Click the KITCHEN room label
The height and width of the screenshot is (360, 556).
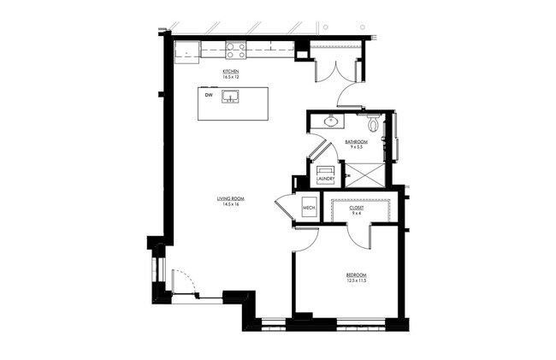pos(230,71)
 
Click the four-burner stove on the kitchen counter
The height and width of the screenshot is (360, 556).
pos(235,50)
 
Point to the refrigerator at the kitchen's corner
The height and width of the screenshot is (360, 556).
pos(186,50)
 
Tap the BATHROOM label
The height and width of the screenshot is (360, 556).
pos(356,141)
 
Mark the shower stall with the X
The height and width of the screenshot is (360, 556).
pos(363,174)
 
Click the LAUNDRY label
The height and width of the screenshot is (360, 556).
pos(325,179)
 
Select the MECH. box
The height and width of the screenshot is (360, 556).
pos(308,209)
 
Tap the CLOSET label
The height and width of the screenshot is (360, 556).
pos(356,208)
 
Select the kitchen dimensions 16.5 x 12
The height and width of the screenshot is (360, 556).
pos(230,77)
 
